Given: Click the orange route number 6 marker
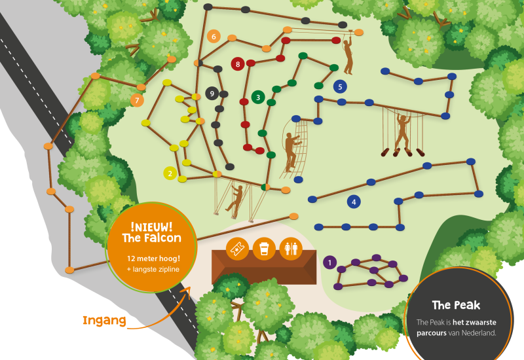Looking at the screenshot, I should [213, 37].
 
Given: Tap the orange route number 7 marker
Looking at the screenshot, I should [137, 100].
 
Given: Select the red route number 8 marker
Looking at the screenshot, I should [238, 63].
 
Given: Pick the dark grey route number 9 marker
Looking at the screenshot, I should [212, 94].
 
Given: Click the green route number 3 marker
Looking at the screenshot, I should [258, 98].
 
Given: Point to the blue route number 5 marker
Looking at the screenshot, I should [339, 86].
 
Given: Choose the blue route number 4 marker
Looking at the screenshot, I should [354, 202].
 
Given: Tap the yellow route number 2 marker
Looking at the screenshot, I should [170, 173].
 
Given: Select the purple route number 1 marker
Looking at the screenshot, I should [330, 262].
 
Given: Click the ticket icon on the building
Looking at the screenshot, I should [236, 249].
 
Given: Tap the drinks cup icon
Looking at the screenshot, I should [264, 249].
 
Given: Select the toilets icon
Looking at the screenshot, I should [290, 249].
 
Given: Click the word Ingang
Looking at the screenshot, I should [103, 321].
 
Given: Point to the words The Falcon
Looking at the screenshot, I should [151, 238].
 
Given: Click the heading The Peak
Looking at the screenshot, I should [456, 305].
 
